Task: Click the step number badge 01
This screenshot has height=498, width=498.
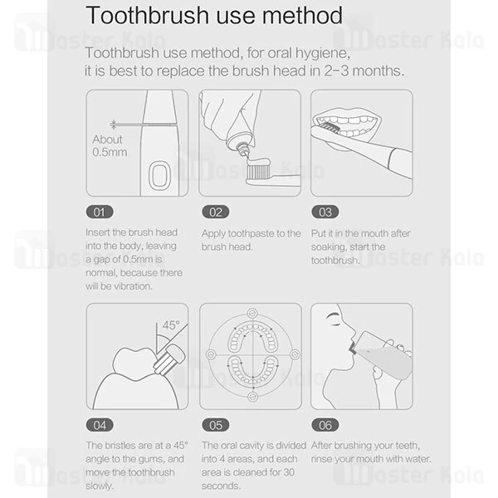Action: [100, 212]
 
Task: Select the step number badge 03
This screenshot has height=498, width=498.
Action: [325, 212]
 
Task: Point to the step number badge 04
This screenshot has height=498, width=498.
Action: [100, 425]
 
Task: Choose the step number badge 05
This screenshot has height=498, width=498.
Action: [214, 425]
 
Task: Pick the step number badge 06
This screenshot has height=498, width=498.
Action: [325, 425]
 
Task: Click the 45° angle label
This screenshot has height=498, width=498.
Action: [171, 325]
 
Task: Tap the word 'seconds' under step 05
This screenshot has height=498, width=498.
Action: [220, 485]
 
